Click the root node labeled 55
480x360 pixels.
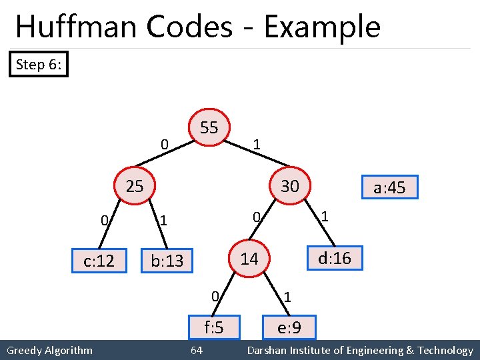pyautogui.click(x=209, y=127)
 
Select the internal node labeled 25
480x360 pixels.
pyautogui.click(x=135, y=186)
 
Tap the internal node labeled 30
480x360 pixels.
pyautogui.click(x=289, y=186)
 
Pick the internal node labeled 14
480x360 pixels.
pyautogui.click(x=249, y=259)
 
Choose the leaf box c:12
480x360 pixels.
pyautogui.click(x=99, y=261)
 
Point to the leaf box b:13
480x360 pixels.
pyautogui.click(x=167, y=261)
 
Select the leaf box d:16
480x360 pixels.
pyautogui.click(x=334, y=258)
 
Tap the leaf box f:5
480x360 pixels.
pyautogui.click(x=213, y=327)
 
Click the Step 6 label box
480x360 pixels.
pyautogui.click(x=39, y=65)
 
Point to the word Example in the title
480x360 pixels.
pyautogui.click(x=322, y=27)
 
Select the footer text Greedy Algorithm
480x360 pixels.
pyautogui.click(x=49, y=351)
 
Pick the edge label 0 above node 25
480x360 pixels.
pyautogui.click(x=164, y=143)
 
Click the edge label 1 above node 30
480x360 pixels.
pyautogui.click(x=257, y=144)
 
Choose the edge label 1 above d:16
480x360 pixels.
pyautogui.click(x=325, y=216)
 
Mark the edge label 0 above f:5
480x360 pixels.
pyautogui.click(x=213, y=295)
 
